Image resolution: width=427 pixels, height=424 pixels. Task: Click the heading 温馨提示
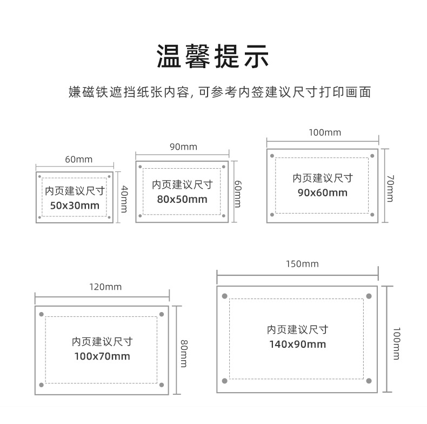tap(213, 57)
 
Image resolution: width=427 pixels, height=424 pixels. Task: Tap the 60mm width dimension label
tap(79, 159)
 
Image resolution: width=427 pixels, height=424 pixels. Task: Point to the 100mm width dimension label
tap(325, 132)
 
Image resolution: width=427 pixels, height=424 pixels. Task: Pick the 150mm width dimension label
tap(302, 264)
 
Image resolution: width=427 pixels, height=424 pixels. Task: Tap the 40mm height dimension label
tap(124, 198)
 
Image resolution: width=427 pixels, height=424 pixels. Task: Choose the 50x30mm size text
tap(75, 206)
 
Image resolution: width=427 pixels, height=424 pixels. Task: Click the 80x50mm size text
tap(182, 199)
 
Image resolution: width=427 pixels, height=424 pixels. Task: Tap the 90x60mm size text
tap(323, 193)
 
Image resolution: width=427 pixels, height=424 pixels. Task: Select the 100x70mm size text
tap(102, 356)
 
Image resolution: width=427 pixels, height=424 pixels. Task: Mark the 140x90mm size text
tap(297, 344)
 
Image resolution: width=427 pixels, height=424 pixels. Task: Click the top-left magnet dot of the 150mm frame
tap(225, 296)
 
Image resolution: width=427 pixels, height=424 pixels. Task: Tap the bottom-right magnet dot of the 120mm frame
tap(161, 386)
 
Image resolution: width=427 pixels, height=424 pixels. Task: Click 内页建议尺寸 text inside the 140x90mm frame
tap(297, 330)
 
